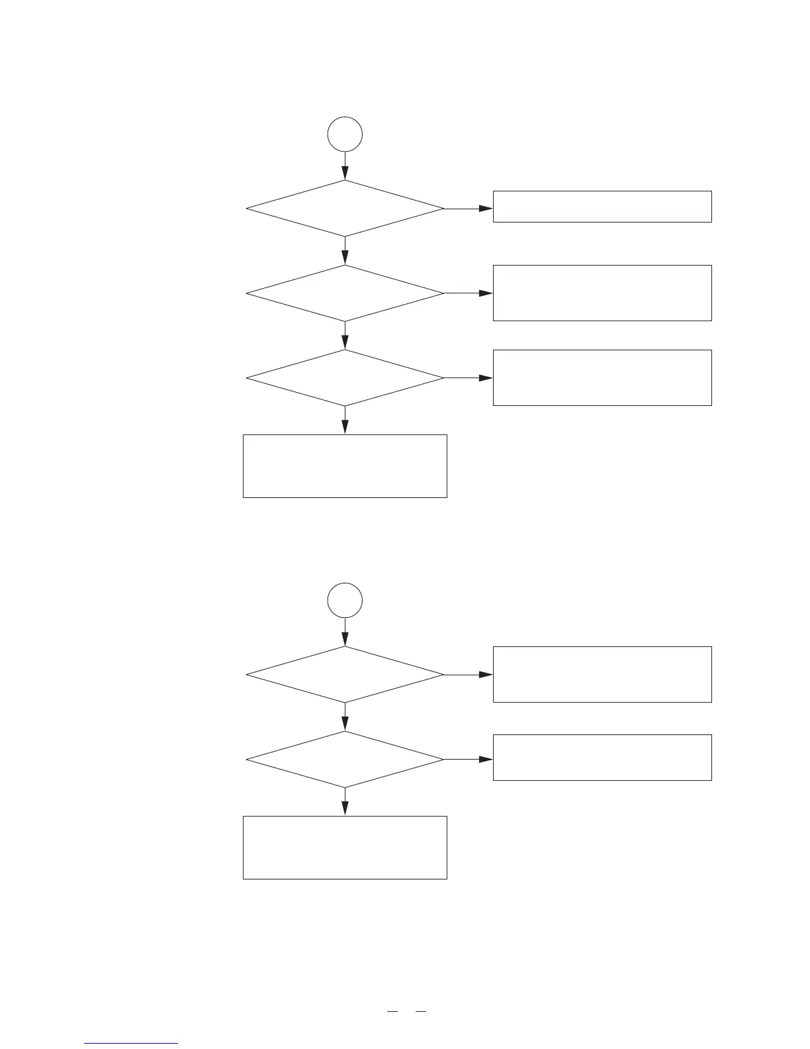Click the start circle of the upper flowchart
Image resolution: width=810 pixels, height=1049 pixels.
tap(345, 134)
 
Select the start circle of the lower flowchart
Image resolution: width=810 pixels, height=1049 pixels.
tap(345, 601)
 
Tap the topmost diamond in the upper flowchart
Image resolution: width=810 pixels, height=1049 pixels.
tap(345, 209)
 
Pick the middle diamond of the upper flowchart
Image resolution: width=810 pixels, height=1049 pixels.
tap(345, 293)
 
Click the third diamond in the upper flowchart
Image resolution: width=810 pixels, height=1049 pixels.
tap(345, 378)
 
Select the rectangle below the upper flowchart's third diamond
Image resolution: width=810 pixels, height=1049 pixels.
tap(345, 466)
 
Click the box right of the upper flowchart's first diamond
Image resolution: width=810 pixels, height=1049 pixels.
tap(602, 207)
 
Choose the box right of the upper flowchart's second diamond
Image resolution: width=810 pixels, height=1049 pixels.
tap(602, 293)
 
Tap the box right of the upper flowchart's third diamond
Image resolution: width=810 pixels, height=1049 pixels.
tap(602, 377)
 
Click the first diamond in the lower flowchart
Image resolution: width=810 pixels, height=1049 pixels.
tap(345, 675)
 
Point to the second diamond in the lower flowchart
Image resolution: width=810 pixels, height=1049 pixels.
tap(345, 760)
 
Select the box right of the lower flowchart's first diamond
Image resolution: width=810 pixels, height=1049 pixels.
tap(602, 674)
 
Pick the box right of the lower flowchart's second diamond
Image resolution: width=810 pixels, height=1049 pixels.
tap(602, 757)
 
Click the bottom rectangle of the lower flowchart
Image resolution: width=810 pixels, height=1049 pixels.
tap(345, 847)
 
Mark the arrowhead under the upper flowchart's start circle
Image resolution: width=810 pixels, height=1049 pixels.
tap(345, 175)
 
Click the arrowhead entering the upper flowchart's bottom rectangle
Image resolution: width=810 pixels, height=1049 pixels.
tap(345, 428)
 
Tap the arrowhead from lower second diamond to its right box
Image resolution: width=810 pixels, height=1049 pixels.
tap(486, 760)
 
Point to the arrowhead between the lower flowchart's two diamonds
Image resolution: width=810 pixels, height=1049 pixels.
tap(345, 726)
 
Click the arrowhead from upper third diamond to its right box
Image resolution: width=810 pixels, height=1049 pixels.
tap(486, 378)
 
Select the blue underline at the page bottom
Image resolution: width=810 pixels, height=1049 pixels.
tap(131, 1044)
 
